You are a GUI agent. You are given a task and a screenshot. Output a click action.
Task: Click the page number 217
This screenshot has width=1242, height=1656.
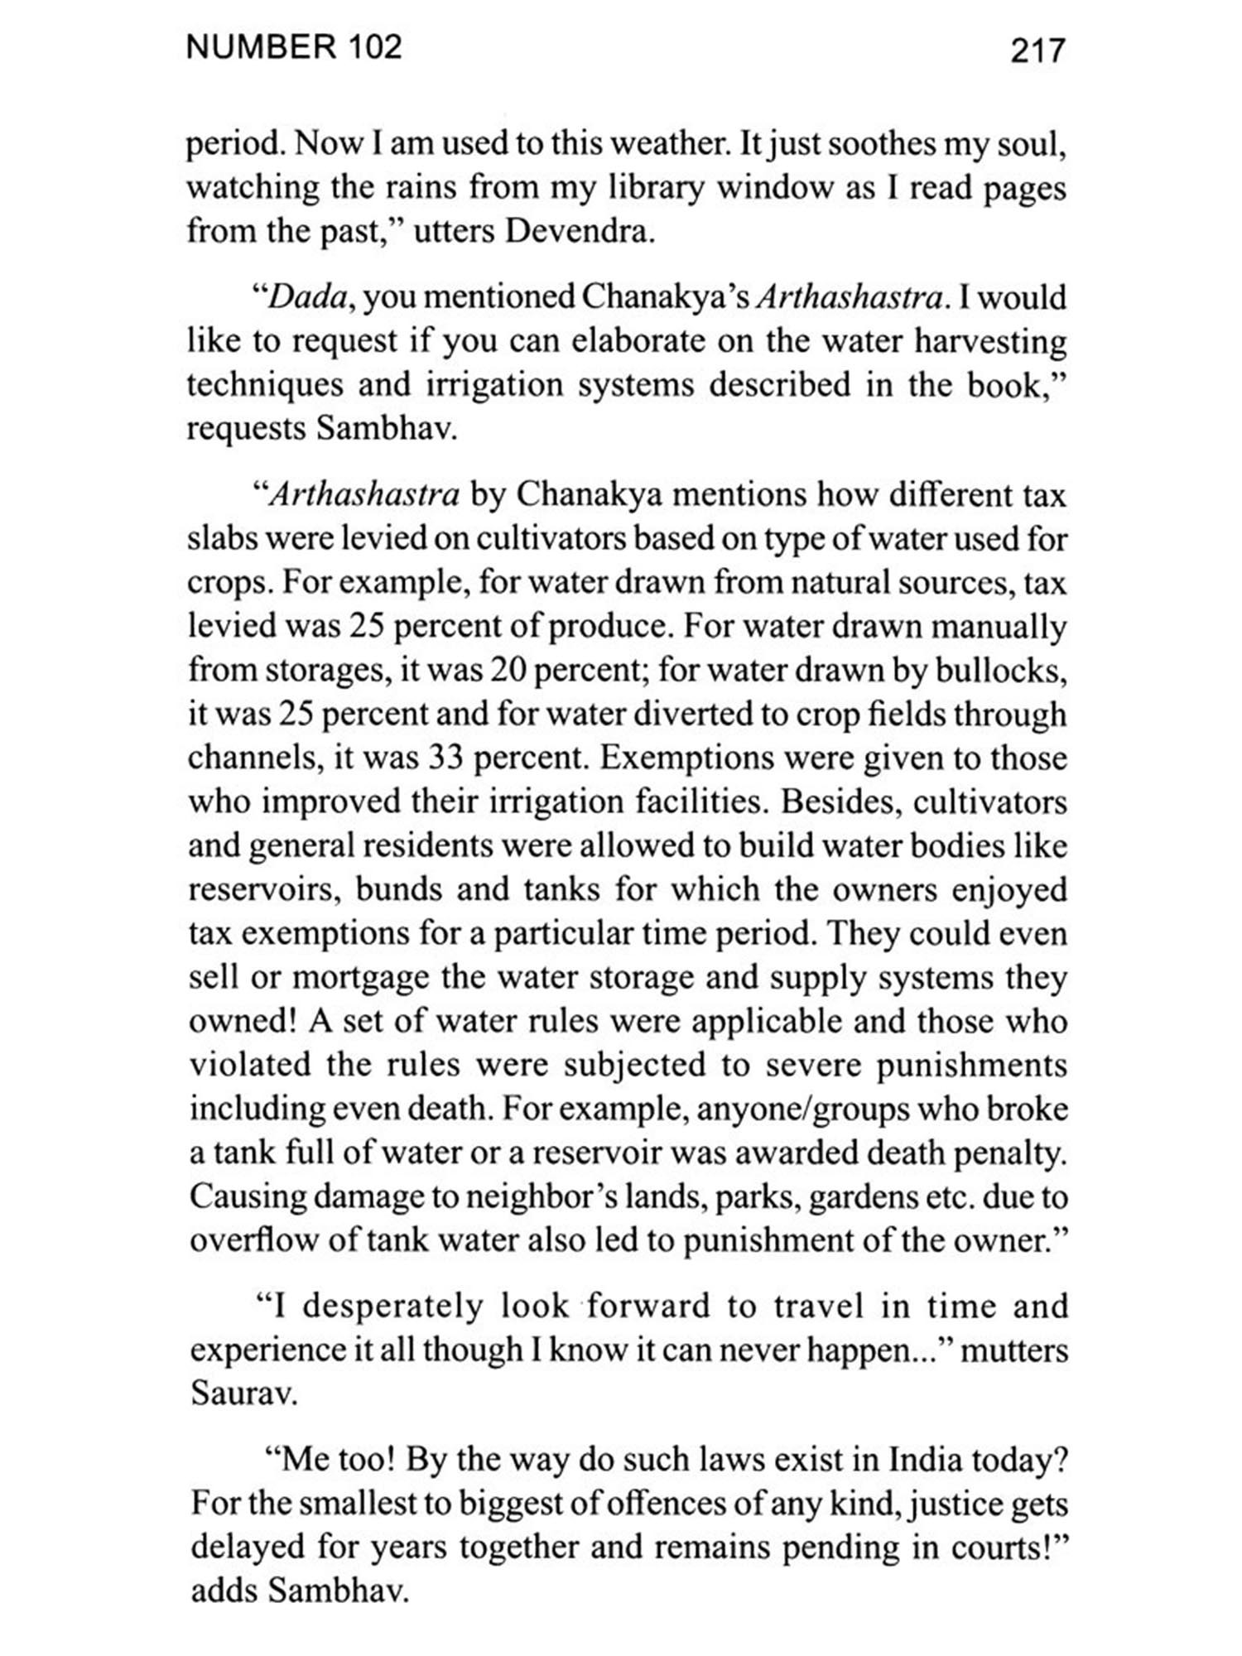coord(1037,51)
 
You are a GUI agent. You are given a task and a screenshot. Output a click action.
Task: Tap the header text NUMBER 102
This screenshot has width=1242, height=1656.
coord(294,47)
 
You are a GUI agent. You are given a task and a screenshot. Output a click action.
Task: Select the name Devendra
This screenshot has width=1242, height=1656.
coord(579,232)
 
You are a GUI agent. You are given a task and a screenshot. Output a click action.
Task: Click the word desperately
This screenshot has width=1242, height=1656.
coord(392,1306)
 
